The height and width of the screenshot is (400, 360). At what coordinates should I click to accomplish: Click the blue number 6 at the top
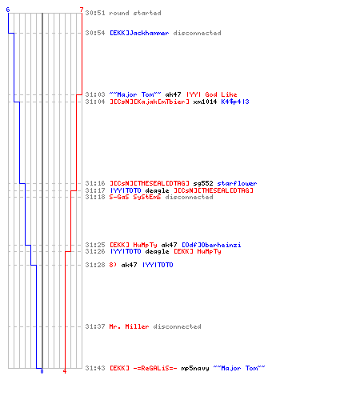(x=8, y=10)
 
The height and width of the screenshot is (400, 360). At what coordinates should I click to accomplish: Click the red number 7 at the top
(x=82, y=10)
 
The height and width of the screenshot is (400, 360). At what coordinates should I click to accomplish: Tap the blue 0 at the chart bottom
(x=42, y=371)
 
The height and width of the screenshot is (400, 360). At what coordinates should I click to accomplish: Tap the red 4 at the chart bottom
(x=65, y=371)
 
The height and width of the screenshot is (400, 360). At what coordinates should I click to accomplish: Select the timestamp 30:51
(x=95, y=13)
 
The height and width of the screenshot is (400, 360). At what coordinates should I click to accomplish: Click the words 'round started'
(x=135, y=13)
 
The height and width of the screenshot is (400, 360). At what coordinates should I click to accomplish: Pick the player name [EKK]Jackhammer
(x=139, y=33)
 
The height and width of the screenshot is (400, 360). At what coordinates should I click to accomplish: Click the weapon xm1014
(x=205, y=102)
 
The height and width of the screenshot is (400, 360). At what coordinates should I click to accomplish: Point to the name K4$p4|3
(x=235, y=102)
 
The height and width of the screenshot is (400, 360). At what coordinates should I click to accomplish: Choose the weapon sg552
(x=203, y=183)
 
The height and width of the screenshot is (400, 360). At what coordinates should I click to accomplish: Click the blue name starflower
(x=237, y=183)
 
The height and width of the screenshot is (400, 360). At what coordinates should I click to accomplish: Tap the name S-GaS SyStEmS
(x=135, y=197)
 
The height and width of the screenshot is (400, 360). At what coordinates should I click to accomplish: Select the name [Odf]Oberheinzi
(x=211, y=245)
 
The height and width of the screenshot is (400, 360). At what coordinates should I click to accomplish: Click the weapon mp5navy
(x=195, y=368)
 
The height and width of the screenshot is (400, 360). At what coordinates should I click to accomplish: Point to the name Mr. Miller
(x=129, y=326)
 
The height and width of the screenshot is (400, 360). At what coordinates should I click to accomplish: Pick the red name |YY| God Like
(x=212, y=94)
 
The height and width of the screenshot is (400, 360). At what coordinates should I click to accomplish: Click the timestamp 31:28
(x=95, y=265)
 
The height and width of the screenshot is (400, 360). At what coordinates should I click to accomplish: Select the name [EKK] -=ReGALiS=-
(x=143, y=368)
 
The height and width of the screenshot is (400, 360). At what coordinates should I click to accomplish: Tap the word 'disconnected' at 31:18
(x=189, y=197)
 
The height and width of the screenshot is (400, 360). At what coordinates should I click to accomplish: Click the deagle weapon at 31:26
(x=157, y=251)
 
